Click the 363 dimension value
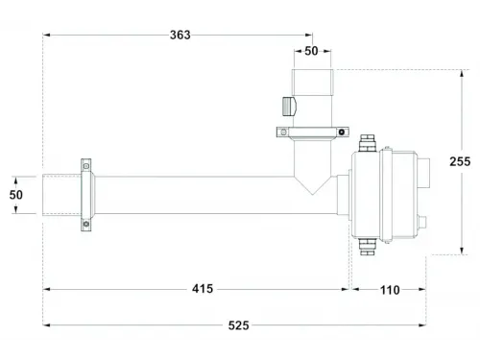pyautogui.click(x=180, y=35)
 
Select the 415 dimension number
pyautogui.click(x=203, y=289)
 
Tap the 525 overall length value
pyautogui.click(x=239, y=325)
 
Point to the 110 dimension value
pyautogui.click(x=390, y=290)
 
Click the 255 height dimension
pyautogui.click(x=460, y=161)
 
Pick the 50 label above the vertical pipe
pyautogui.click(x=311, y=51)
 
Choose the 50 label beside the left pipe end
pyautogui.click(x=16, y=195)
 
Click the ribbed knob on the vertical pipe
pyautogui.click(x=289, y=107)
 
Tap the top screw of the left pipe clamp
pyautogui.click(x=86, y=166)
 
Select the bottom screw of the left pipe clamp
pyautogui.click(x=86, y=224)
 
